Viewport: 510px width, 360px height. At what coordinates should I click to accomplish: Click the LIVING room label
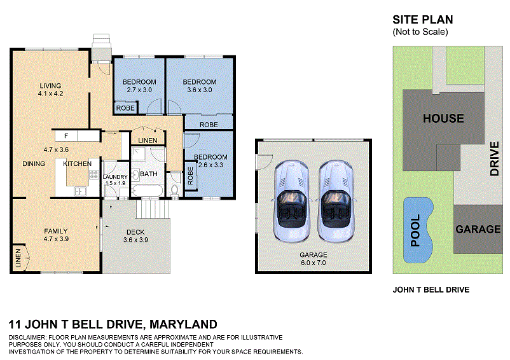point(50,86)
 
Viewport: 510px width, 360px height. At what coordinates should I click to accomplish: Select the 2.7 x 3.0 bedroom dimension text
point(139,90)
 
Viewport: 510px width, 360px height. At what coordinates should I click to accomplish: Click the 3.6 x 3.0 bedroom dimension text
point(200,90)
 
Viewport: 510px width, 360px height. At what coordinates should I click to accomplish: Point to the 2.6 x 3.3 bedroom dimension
point(211,165)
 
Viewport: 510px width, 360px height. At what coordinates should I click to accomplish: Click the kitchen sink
point(80,190)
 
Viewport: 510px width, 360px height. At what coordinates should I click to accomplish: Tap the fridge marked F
point(66,135)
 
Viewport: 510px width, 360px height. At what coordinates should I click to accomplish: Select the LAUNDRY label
point(115,177)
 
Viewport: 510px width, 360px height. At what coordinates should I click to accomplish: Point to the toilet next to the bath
point(175,190)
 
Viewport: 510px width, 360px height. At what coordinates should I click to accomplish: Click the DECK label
point(135,232)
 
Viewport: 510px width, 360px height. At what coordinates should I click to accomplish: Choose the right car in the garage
point(335,200)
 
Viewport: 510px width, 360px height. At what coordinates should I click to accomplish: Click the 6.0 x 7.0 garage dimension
point(314,263)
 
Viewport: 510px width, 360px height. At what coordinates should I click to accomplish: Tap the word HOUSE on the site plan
point(443,118)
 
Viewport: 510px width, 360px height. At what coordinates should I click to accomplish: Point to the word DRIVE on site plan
point(495,158)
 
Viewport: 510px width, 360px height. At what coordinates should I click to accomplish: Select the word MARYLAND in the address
point(183,324)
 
